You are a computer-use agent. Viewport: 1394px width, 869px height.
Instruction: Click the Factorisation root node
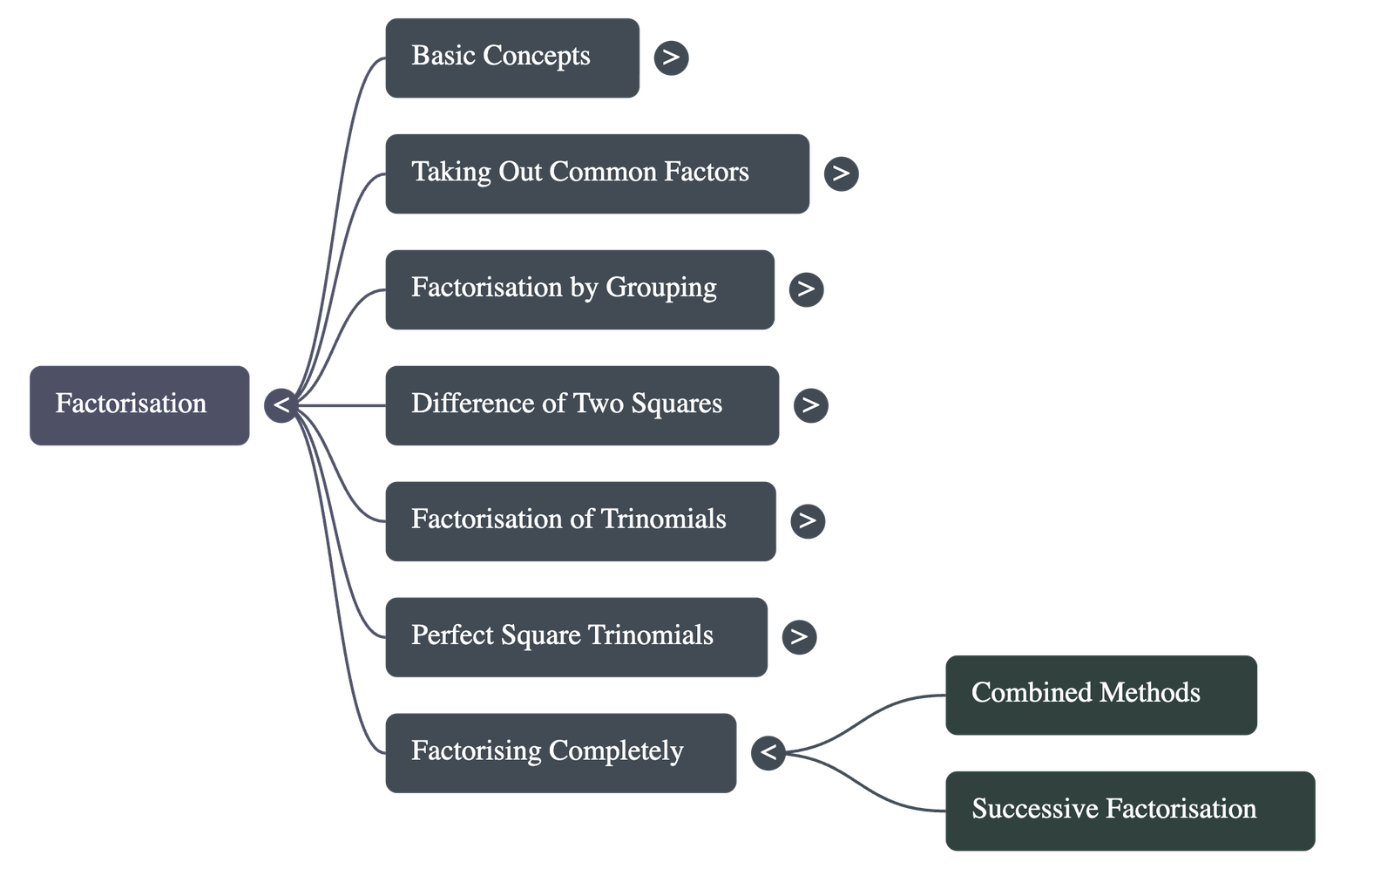[x=139, y=405]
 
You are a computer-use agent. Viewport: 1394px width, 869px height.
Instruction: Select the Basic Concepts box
[x=511, y=58]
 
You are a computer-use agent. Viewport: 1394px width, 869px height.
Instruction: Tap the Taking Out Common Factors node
[x=597, y=173]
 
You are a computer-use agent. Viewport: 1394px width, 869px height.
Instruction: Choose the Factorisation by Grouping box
[x=579, y=289]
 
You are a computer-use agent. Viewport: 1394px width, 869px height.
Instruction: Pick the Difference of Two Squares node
[x=581, y=405]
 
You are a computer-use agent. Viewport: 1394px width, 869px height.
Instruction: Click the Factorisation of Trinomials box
[x=579, y=520]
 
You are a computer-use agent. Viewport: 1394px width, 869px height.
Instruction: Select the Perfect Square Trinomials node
[x=576, y=636]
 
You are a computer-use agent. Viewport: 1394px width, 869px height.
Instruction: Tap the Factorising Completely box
[x=560, y=752]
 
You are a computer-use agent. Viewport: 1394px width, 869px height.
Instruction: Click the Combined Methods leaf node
[x=1100, y=695]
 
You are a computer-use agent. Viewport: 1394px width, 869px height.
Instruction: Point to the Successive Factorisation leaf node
[x=1129, y=810]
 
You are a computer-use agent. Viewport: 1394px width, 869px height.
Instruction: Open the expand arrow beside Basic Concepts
[x=671, y=58]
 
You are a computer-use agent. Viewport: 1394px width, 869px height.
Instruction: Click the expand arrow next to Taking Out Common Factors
[x=841, y=173]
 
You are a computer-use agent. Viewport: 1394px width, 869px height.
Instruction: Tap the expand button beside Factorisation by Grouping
[x=806, y=289]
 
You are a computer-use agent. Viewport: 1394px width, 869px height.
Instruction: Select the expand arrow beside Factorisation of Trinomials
[x=808, y=521]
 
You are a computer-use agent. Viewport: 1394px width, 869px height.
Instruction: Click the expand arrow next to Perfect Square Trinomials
[x=799, y=636]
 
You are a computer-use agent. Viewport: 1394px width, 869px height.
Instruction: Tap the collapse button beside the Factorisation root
[x=281, y=405]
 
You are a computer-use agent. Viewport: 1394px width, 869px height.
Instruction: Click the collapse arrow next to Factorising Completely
[x=768, y=751]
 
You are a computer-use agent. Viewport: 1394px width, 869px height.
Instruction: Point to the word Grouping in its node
[x=661, y=289]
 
